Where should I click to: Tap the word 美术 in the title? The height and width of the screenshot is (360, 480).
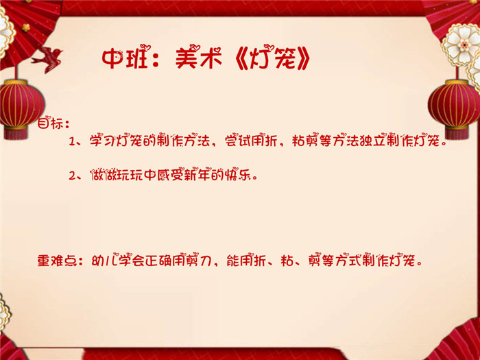tap(198, 58)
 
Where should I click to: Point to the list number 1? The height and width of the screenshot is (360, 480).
tap(72, 141)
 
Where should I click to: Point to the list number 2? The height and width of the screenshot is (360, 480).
tap(73, 176)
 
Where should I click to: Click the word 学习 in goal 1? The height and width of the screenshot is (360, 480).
tap(102, 141)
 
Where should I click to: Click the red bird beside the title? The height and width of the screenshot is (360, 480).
tap(47, 59)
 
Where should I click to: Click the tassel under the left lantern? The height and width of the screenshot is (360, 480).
tap(16, 134)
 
